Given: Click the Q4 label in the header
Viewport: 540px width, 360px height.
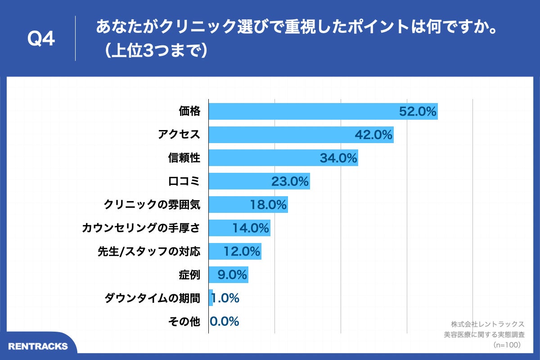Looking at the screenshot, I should [x=41, y=39].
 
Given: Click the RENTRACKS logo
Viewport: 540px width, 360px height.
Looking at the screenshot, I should [x=38, y=346].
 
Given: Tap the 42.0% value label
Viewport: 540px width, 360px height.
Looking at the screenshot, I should [x=374, y=135].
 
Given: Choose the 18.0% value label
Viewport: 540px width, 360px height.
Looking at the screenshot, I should [x=269, y=205].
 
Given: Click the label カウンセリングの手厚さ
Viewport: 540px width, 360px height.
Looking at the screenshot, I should [x=141, y=228].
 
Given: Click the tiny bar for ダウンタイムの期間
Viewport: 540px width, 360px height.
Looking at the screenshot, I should [x=211, y=298].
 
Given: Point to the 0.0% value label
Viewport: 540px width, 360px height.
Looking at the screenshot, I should [x=224, y=321].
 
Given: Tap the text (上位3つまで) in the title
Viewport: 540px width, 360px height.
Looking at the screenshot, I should [x=153, y=51].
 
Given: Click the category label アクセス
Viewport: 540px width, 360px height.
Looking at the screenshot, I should [x=179, y=135].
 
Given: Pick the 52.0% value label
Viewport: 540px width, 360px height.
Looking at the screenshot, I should [x=418, y=111].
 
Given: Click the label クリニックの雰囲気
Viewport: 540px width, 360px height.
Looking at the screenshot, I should [x=152, y=205].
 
